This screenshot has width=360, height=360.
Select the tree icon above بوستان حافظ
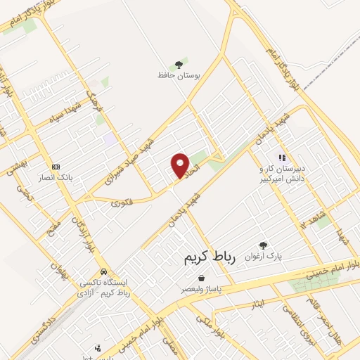pos(185,62)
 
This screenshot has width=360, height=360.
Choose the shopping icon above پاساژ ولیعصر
pos(202,278)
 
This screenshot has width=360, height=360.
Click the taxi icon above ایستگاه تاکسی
pos(104,271)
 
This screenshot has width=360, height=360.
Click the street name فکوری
pos(121,202)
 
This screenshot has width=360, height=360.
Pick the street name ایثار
pos(257,303)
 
